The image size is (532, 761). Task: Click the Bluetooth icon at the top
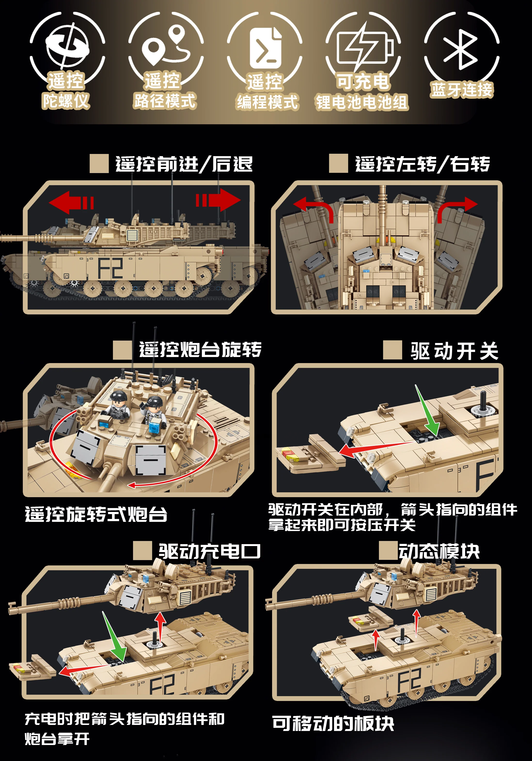tap(461, 50)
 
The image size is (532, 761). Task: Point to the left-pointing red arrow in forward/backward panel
tap(70, 202)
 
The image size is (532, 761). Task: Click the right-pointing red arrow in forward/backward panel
tap(219, 200)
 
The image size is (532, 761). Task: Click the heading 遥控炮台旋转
tap(200, 350)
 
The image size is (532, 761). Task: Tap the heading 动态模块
tap(439, 552)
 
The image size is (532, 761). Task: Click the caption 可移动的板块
tap(333, 723)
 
